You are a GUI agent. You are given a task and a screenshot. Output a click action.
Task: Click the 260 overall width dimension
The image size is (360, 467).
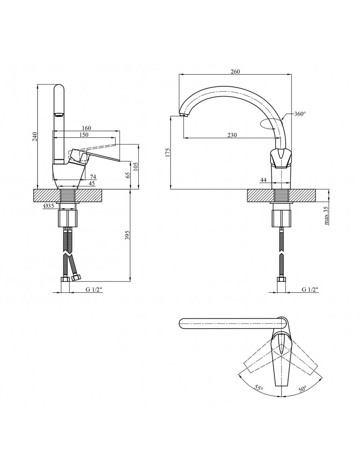tap(235, 71)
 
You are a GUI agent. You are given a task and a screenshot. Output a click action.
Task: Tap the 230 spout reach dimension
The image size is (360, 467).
tap(232, 135)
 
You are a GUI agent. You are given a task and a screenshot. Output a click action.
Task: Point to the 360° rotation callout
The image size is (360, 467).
tap(300, 114)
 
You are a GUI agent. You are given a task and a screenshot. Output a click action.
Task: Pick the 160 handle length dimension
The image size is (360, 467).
tap(86, 128)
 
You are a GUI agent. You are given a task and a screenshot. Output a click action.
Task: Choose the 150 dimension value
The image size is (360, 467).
tap(84, 134)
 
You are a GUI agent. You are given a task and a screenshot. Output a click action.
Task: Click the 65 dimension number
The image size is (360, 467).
tap(128, 175)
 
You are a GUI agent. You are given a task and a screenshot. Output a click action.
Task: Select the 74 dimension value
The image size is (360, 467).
tap(93, 177)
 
